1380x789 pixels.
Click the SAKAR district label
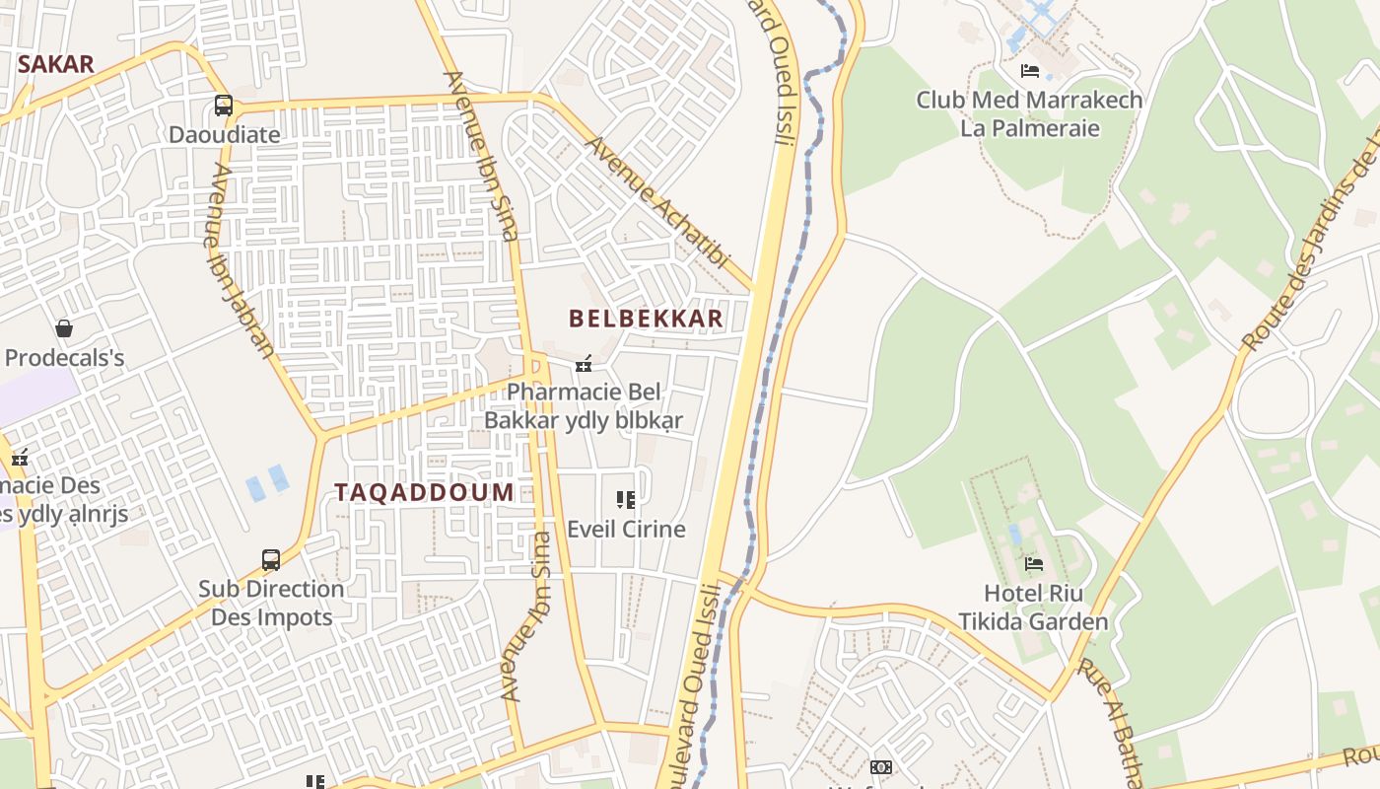pos(56,65)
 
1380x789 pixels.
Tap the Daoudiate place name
pos(224,134)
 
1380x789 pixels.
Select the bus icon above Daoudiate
pos(224,105)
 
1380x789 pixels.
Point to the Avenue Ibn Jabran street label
pos(241,260)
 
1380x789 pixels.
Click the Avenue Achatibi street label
pos(657,203)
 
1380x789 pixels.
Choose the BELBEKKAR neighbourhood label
pos(646,319)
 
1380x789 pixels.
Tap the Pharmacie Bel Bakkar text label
pos(583,406)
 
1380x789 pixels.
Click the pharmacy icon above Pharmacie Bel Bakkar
pos(584,365)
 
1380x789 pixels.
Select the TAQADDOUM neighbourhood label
pos(424,492)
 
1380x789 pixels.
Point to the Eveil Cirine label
pos(626,529)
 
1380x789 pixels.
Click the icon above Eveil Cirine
pos(625,500)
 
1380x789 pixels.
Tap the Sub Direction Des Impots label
pos(271,603)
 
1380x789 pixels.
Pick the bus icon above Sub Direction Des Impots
pos(271,560)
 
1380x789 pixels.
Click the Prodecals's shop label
pos(65,357)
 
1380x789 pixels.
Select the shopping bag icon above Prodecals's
pos(64,327)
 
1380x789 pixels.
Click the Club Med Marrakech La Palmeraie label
pos(1029,113)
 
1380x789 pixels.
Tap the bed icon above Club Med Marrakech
pos(1030,71)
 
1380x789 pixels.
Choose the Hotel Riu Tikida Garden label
pos(1033,608)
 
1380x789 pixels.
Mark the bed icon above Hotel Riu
pos(1034,564)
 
